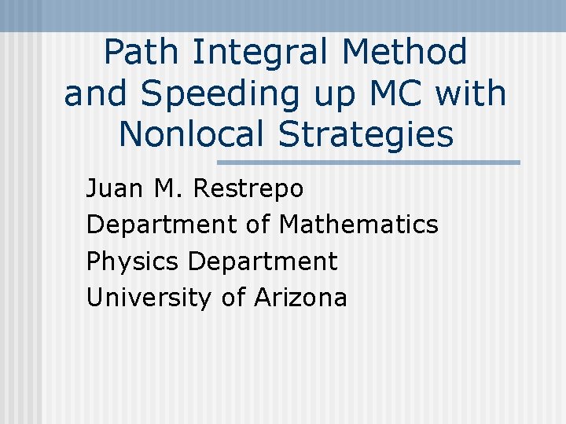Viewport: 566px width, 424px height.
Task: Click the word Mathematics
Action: (x=358, y=225)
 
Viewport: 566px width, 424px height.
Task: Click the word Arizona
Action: (x=300, y=298)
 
